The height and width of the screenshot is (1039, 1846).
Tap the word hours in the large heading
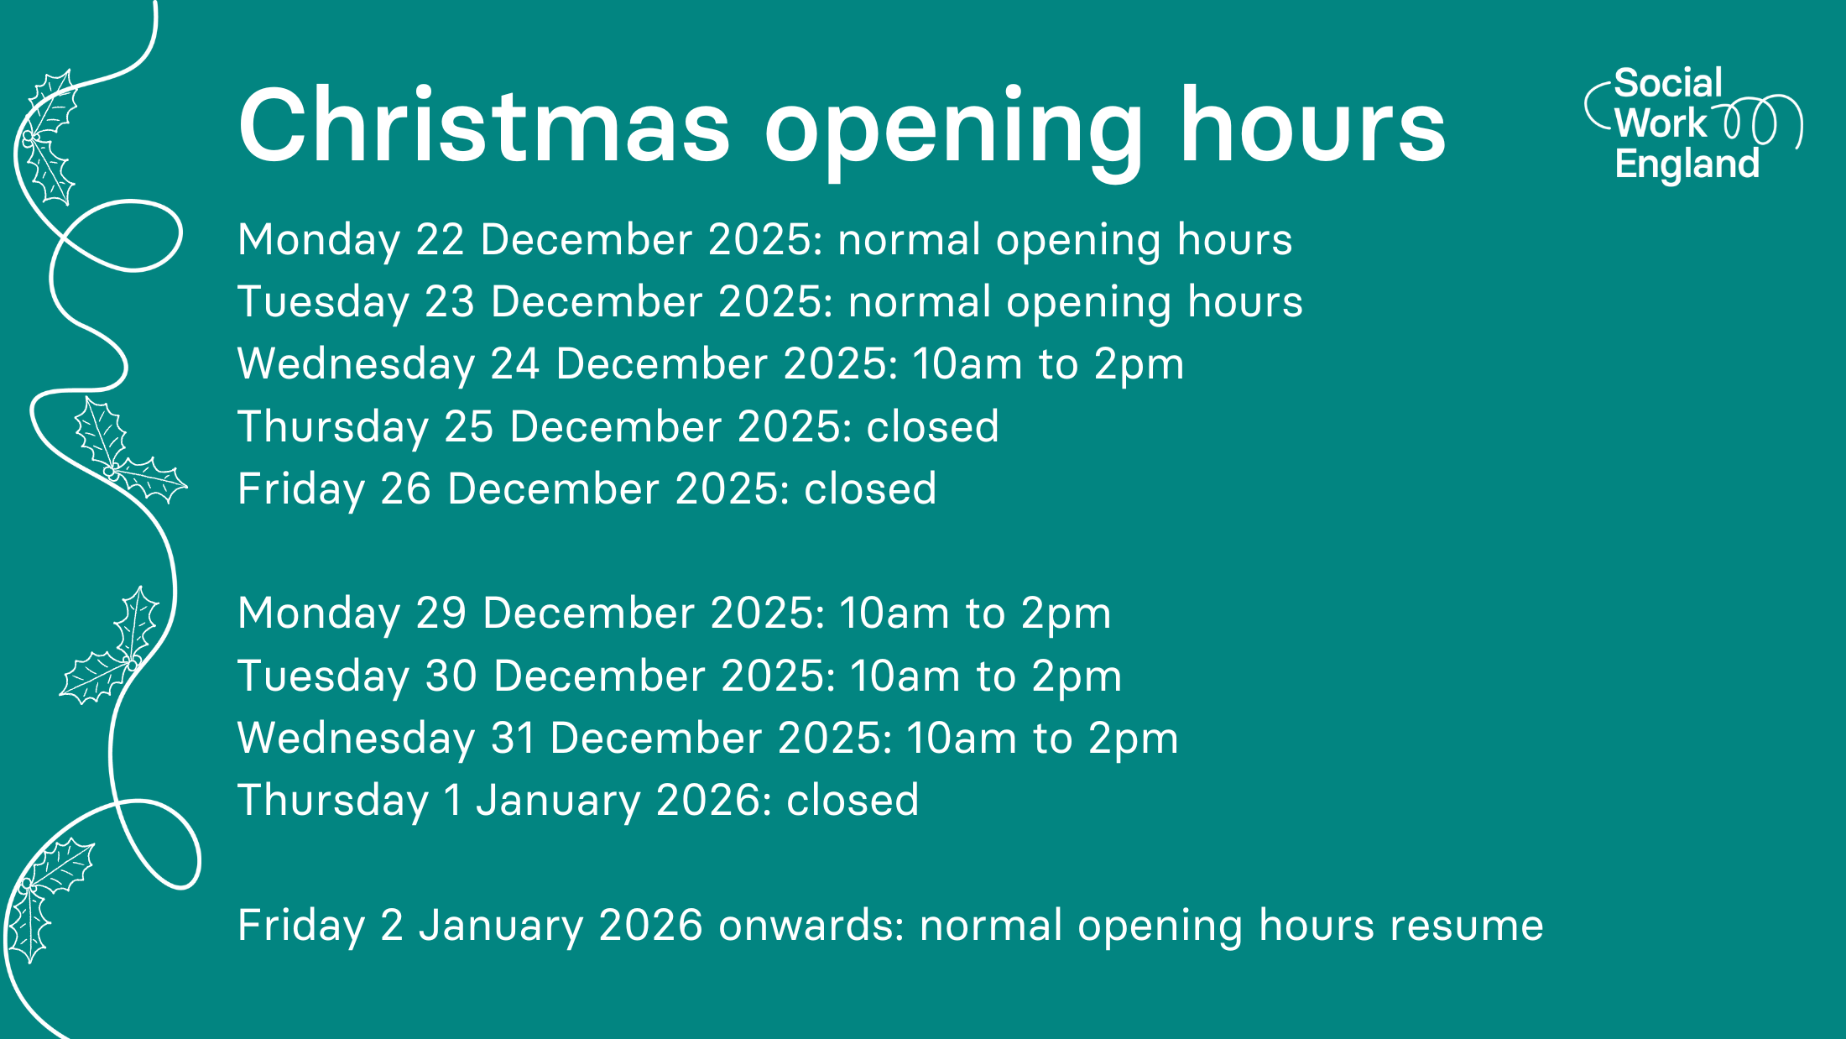(1313, 124)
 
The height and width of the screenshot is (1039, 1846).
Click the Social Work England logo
(1693, 124)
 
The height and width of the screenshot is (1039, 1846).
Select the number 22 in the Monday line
(441, 239)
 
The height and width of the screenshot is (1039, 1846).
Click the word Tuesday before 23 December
(323, 303)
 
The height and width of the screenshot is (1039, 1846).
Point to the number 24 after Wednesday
(514, 364)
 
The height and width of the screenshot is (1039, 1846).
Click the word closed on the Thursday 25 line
(932, 426)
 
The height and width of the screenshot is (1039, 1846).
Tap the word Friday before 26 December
(300, 489)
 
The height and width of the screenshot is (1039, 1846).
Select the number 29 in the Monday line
(441, 613)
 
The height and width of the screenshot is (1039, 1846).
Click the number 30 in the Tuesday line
(451, 676)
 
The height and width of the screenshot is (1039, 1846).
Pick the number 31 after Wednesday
(513, 739)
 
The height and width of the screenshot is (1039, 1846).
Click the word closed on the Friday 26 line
(870, 488)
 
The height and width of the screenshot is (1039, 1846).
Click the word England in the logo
(1687, 164)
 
